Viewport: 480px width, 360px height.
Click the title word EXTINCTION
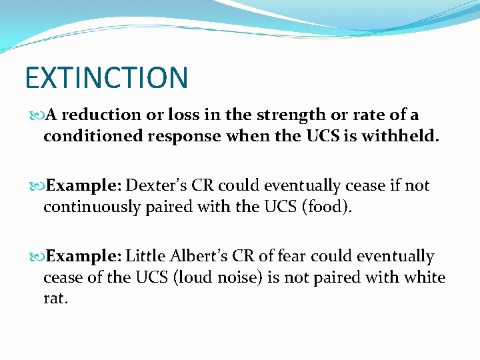(x=107, y=77)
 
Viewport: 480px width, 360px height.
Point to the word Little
(x=145, y=256)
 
